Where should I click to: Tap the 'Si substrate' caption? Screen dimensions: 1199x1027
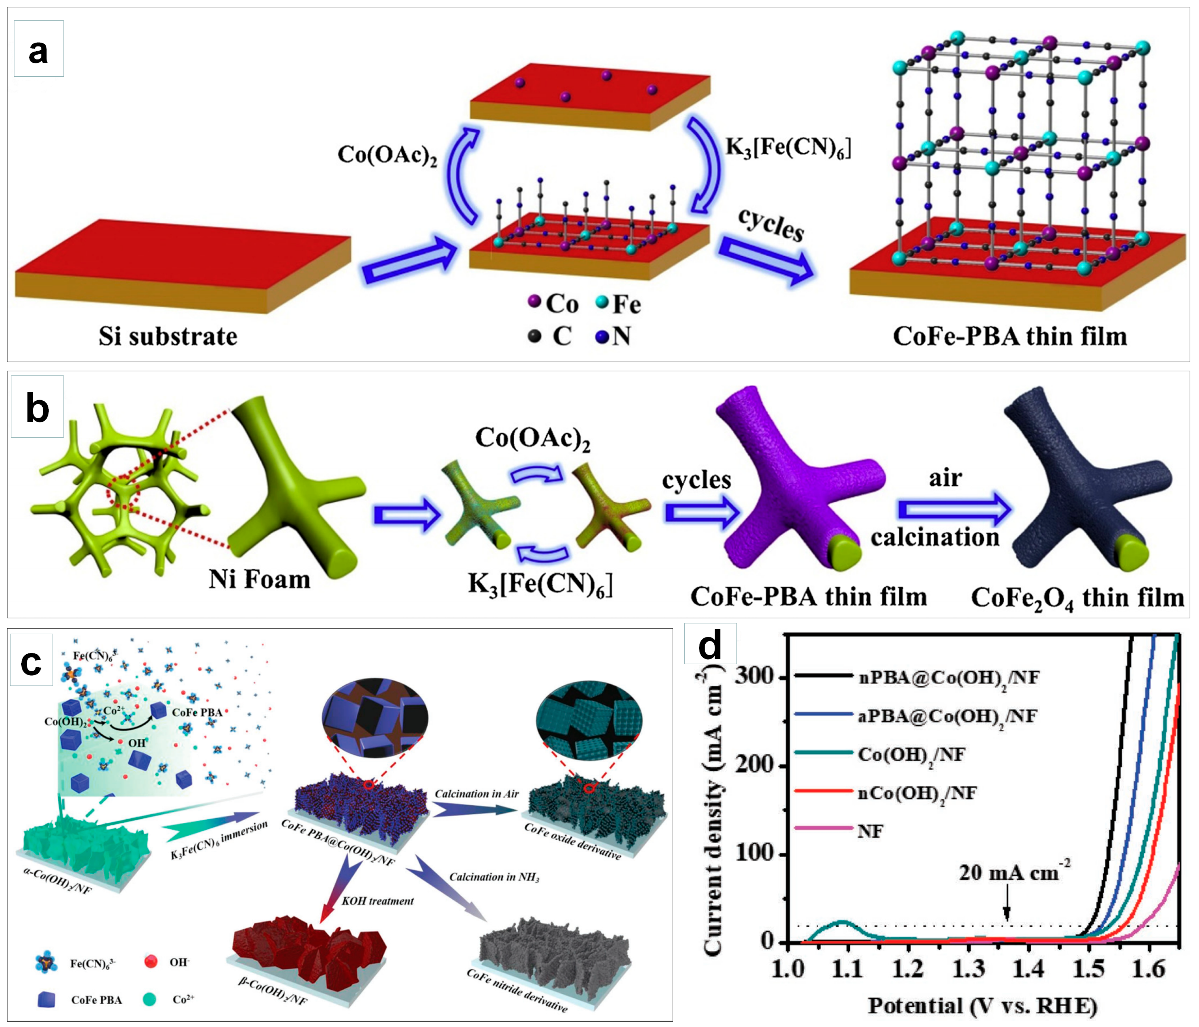pos(168,336)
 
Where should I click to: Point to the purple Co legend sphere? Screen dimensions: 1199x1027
pos(535,301)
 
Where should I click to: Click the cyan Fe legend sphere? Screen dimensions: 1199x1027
pos(602,301)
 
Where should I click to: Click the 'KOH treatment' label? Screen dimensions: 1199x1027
pos(377,901)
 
